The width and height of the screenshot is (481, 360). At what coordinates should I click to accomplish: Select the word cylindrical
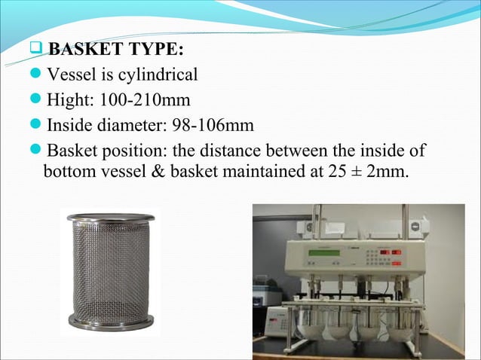click(x=159, y=75)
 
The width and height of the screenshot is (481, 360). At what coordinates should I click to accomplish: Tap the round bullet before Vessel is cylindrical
click(x=37, y=76)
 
